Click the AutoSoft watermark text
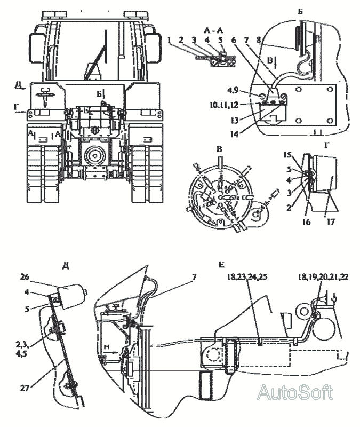click(x=295, y=393)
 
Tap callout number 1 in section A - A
click(x=169, y=40)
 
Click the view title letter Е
click(x=221, y=264)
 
